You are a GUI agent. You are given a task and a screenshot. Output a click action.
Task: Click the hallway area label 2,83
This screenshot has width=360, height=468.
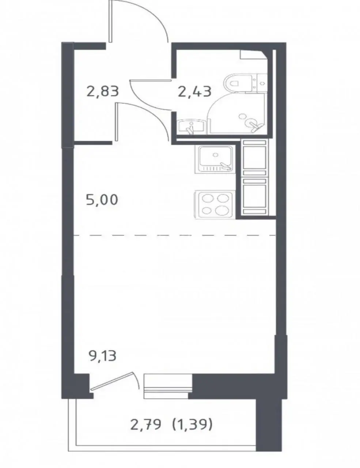[x=103, y=91]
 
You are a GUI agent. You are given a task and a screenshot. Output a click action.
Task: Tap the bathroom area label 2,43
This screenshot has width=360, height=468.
[x=195, y=91]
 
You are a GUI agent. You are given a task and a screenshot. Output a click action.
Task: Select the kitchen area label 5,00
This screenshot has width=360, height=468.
[x=102, y=200]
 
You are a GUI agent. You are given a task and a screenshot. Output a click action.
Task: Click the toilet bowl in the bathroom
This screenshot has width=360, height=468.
[x=237, y=83]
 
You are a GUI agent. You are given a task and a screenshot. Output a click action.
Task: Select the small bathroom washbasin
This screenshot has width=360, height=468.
[x=191, y=127]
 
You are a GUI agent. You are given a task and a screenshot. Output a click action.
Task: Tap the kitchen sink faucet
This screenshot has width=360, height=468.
[x=226, y=166]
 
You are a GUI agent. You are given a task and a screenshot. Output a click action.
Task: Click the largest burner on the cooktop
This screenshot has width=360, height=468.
[x=221, y=210]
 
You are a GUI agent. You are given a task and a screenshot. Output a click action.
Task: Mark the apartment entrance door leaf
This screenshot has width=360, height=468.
[x=110, y=21]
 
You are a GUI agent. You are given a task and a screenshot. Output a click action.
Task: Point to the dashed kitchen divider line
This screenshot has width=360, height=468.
[x=175, y=235]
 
